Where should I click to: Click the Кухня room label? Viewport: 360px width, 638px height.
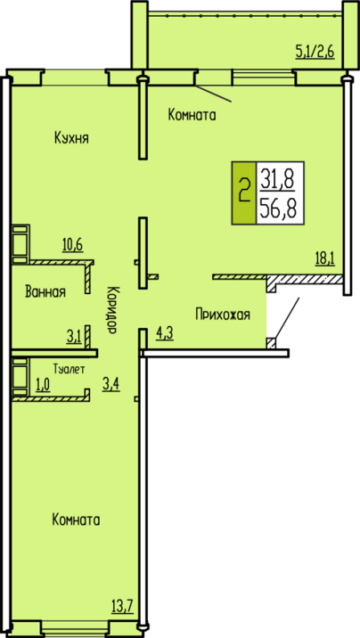(x=71, y=138)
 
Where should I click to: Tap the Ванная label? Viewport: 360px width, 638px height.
(x=45, y=291)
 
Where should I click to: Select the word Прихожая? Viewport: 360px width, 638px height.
(x=223, y=315)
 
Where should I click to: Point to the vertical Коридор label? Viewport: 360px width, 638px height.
(x=113, y=309)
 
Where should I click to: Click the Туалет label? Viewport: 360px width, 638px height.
(x=70, y=369)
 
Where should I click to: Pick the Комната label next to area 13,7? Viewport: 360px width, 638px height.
(x=76, y=519)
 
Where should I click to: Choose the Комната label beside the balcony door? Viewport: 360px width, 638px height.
(x=192, y=115)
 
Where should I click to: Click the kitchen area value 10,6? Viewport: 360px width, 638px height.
(x=73, y=245)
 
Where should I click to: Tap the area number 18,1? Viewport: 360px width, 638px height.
(x=324, y=258)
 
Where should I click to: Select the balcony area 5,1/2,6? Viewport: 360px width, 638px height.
(x=315, y=52)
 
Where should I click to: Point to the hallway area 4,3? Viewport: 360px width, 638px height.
(x=165, y=333)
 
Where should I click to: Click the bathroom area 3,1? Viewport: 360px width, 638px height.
(x=75, y=336)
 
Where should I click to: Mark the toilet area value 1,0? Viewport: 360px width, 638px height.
(x=43, y=385)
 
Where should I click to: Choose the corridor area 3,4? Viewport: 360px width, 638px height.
(x=110, y=383)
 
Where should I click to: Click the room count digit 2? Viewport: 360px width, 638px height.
(x=244, y=192)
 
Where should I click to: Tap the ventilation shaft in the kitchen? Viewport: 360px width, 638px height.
(x=20, y=244)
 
